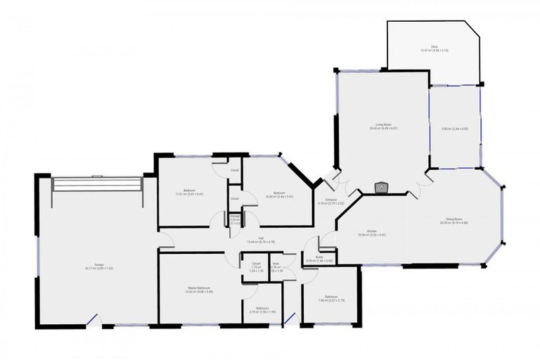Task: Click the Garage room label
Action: click(x=89, y=266)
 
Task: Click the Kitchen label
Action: click(x=372, y=233)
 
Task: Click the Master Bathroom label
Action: click(x=199, y=290)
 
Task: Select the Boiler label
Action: click(x=319, y=259)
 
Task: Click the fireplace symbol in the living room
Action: click(x=380, y=188)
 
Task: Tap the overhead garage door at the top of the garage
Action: click(x=98, y=184)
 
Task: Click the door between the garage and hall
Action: click(x=167, y=246)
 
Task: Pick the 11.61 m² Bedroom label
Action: click(x=189, y=193)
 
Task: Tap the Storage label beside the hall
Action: click(x=235, y=219)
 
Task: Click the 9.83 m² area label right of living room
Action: click(x=455, y=129)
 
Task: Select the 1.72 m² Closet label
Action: click(x=257, y=266)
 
